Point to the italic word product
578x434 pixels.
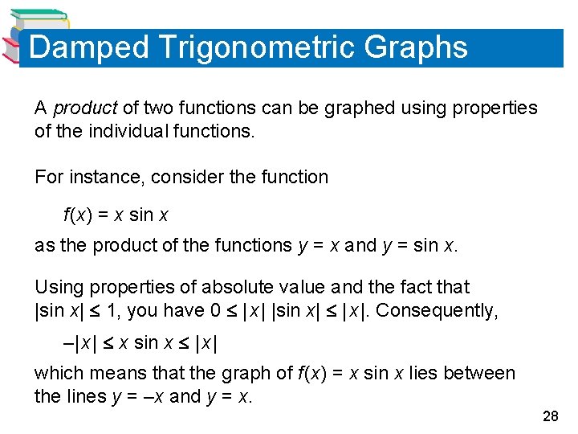click(85, 108)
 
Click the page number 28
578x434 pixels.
click(551, 416)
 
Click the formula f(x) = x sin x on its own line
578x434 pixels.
click(116, 215)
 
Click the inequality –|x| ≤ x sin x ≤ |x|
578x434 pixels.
click(141, 343)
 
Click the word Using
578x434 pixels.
click(59, 287)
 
